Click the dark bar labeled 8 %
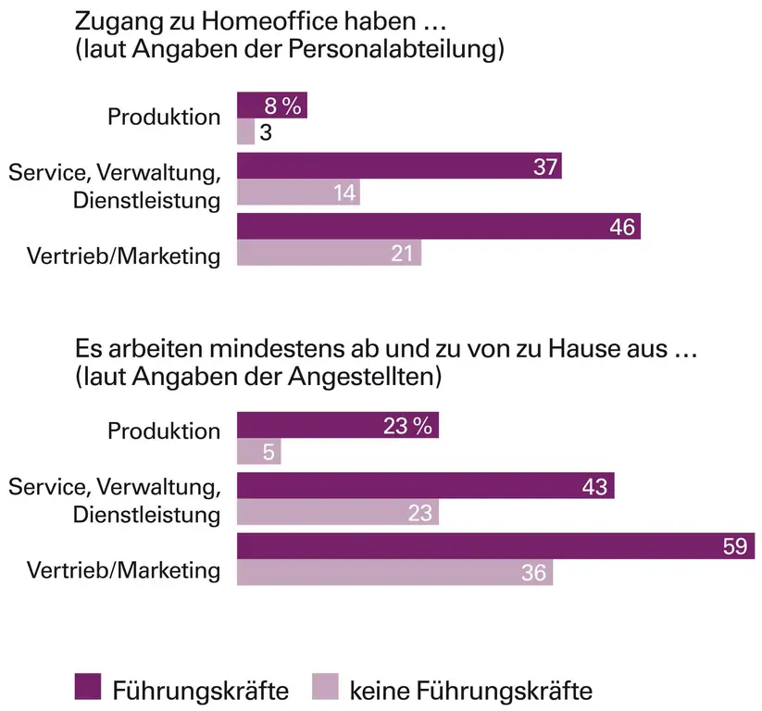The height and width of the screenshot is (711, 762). (271, 106)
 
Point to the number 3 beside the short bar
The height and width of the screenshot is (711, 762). (265, 132)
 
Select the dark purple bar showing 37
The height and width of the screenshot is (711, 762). (399, 166)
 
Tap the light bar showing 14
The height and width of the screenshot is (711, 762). (298, 193)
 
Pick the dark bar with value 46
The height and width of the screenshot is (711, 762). (438, 226)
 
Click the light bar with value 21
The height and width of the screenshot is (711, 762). (329, 253)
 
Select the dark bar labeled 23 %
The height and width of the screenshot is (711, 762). (337, 426)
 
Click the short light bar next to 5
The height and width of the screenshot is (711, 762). (258, 453)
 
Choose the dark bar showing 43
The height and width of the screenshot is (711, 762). (425, 486)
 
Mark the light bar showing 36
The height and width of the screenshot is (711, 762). (394, 572)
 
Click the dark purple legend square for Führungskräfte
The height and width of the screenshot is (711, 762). (85, 688)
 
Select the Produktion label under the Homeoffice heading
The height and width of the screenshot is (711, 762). (164, 118)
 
